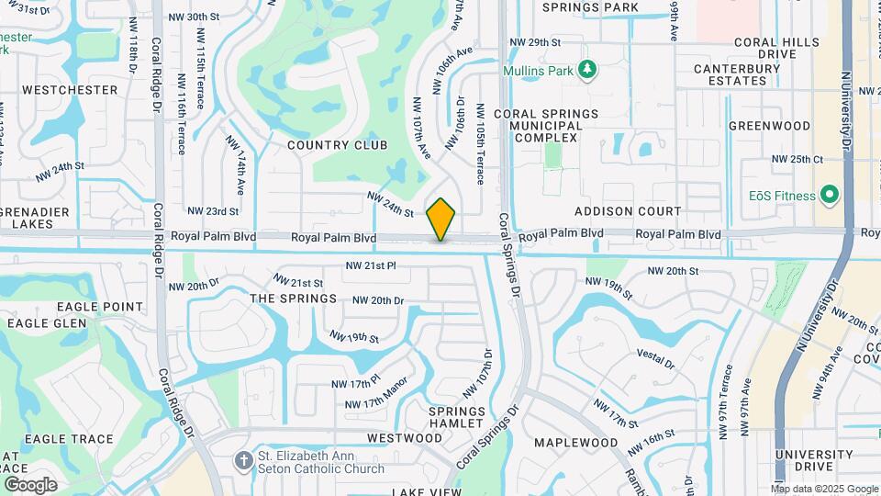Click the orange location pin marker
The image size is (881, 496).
coord(440,219)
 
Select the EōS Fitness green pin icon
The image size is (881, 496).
coord(831,195)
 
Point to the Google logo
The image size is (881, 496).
coord(30,485)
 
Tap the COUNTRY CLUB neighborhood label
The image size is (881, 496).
coord(337,145)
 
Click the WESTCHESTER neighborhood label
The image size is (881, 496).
coord(70,90)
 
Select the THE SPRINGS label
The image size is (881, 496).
coord(294,299)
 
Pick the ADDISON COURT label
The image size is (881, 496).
coord(628,211)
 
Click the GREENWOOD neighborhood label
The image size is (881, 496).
coord(769,125)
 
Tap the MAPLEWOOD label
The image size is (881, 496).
coord(576,443)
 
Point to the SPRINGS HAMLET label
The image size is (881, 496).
coord(456,417)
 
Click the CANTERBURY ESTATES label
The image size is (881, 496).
coord(730,74)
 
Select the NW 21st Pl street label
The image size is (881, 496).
coord(370,265)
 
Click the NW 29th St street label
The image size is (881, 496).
coord(535,42)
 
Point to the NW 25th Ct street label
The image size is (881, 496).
coord(797,159)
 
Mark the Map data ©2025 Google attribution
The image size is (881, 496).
coord(823,489)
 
